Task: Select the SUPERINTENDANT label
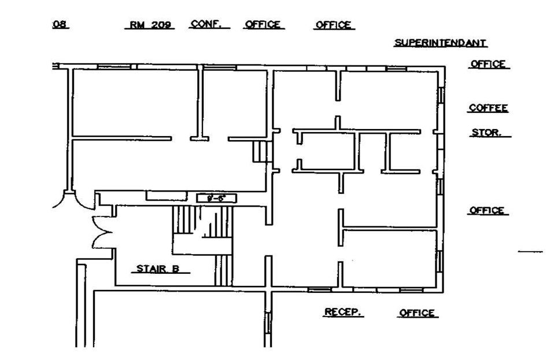click(440, 43)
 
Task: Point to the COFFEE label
click(488, 108)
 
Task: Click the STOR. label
click(486, 133)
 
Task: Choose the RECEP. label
click(343, 312)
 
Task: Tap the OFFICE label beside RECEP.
click(416, 313)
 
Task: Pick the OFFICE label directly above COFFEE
click(488, 64)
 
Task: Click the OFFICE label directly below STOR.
click(488, 211)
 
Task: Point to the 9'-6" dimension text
click(217, 198)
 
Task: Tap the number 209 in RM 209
click(160, 25)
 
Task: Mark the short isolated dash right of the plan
click(530, 252)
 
